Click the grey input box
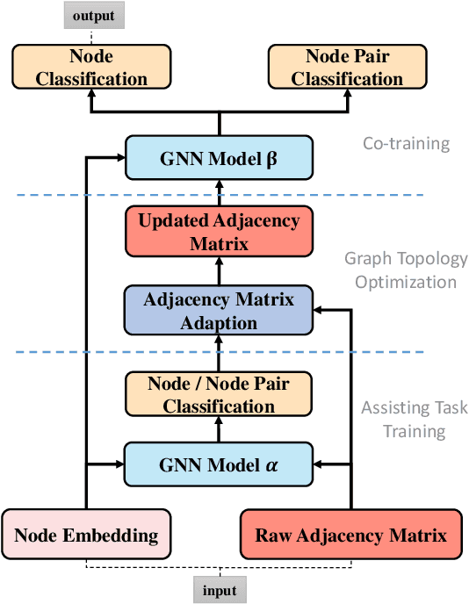tap(220, 590)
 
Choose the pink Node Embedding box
tap(85, 535)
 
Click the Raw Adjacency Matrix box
tap(350, 535)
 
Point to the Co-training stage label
tap(406, 142)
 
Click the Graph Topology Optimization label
tap(400, 270)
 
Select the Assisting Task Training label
tap(403, 420)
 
